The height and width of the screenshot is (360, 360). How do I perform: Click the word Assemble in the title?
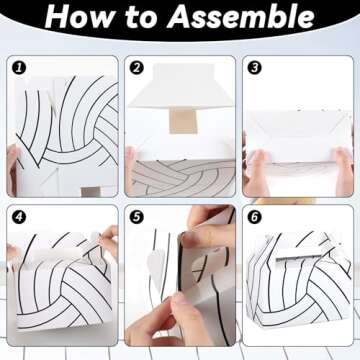pos(241,17)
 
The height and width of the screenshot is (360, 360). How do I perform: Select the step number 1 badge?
pos(19,68)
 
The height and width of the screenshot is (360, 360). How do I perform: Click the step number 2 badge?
pos(136,68)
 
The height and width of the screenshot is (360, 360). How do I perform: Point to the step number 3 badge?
pos(254,68)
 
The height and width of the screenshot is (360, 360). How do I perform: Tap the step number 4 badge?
pos(19,217)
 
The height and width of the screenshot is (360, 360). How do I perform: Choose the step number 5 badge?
pos(136,217)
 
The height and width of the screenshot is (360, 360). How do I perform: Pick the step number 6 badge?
pos(254,217)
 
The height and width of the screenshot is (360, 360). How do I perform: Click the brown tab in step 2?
pos(183,121)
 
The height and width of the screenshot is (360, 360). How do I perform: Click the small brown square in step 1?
pos(91,191)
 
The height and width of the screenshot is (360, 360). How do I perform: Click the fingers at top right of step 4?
pos(109,240)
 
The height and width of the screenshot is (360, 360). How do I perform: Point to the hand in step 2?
pos(130,168)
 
